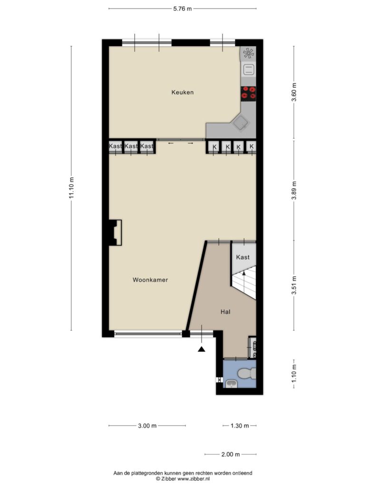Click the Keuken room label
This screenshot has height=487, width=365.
coord(182,92)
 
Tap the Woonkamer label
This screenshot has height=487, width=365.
coord(150,280)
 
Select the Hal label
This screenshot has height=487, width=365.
coord(226,312)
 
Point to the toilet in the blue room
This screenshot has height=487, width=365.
coord(248,374)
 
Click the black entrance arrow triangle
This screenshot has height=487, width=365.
coord(202,350)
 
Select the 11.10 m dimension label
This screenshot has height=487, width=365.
coord(72,187)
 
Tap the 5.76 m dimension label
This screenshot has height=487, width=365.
coord(182,9)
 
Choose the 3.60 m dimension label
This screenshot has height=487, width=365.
coord(294,92)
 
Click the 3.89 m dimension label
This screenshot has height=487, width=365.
coord(294,190)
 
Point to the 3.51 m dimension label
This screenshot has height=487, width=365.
coord(294,285)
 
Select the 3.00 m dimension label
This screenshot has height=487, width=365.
coord(147,426)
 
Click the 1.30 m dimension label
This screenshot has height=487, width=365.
coord(240,426)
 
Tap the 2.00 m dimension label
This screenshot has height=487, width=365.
coord(231,454)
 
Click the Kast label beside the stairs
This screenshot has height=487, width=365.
coord(243,257)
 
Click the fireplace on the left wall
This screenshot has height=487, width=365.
coord(115,233)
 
